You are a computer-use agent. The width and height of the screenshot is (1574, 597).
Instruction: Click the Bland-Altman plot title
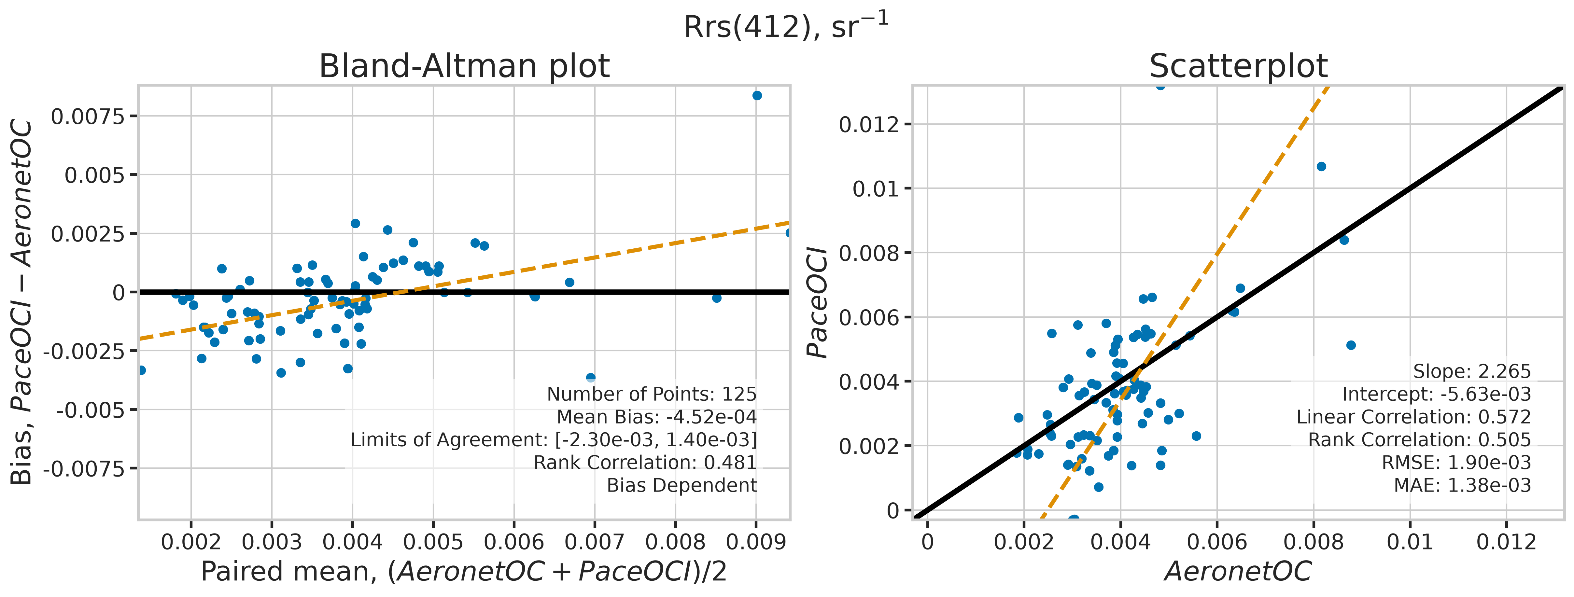click(x=464, y=66)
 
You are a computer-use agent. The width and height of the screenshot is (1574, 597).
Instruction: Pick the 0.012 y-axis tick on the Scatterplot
click(x=869, y=125)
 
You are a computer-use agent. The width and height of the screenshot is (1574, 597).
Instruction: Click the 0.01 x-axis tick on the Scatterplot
click(x=1410, y=541)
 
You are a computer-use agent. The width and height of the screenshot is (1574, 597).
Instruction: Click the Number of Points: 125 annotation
click(x=651, y=394)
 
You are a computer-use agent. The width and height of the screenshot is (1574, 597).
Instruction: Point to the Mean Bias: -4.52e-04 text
click(x=656, y=417)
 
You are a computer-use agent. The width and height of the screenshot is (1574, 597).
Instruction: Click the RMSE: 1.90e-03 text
click(x=1457, y=463)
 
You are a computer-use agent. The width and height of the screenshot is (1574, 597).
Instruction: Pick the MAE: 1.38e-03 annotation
click(x=1462, y=485)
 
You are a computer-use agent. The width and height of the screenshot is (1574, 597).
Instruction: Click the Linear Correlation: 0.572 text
click(x=1414, y=417)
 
